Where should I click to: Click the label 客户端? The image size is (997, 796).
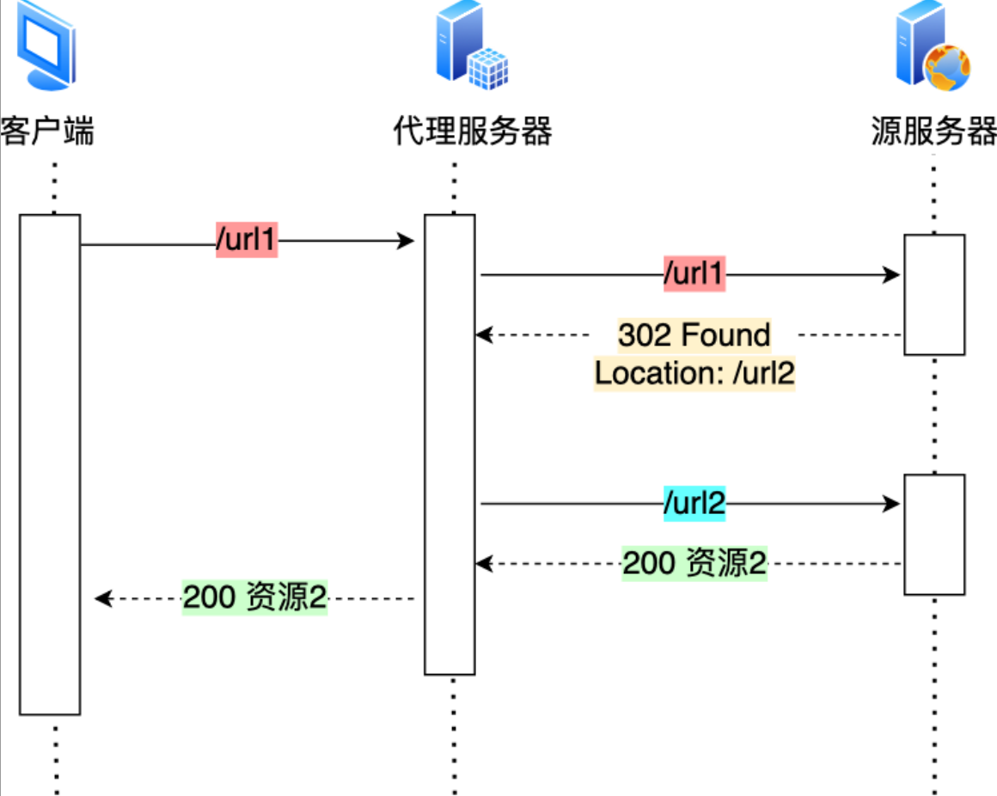(x=48, y=132)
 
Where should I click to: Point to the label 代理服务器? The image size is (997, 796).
(x=472, y=132)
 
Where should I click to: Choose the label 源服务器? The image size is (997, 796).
(x=933, y=132)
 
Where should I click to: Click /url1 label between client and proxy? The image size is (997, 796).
(x=247, y=242)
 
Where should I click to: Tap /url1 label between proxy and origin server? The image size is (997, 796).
(x=694, y=275)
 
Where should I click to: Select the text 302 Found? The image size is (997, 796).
(x=694, y=334)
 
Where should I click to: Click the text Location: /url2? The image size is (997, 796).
(x=694, y=373)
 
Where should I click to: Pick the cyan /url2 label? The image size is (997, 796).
(x=694, y=505)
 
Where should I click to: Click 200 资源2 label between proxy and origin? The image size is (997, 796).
(x=694, y=564)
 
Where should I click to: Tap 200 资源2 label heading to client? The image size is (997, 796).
(x=255, y=598)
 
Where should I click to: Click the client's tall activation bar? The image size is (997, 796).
(x=50, y=464)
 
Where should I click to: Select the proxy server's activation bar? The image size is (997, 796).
(x=450, y=444)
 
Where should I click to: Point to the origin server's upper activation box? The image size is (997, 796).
(x=934, y=294)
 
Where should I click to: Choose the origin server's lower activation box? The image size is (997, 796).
(x=934, y=534)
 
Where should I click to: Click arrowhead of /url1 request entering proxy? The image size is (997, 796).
(x=408, y=242)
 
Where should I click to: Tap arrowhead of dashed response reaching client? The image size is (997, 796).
(x=101, y=598)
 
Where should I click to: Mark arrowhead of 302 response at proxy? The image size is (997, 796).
(x=484, y=334)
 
